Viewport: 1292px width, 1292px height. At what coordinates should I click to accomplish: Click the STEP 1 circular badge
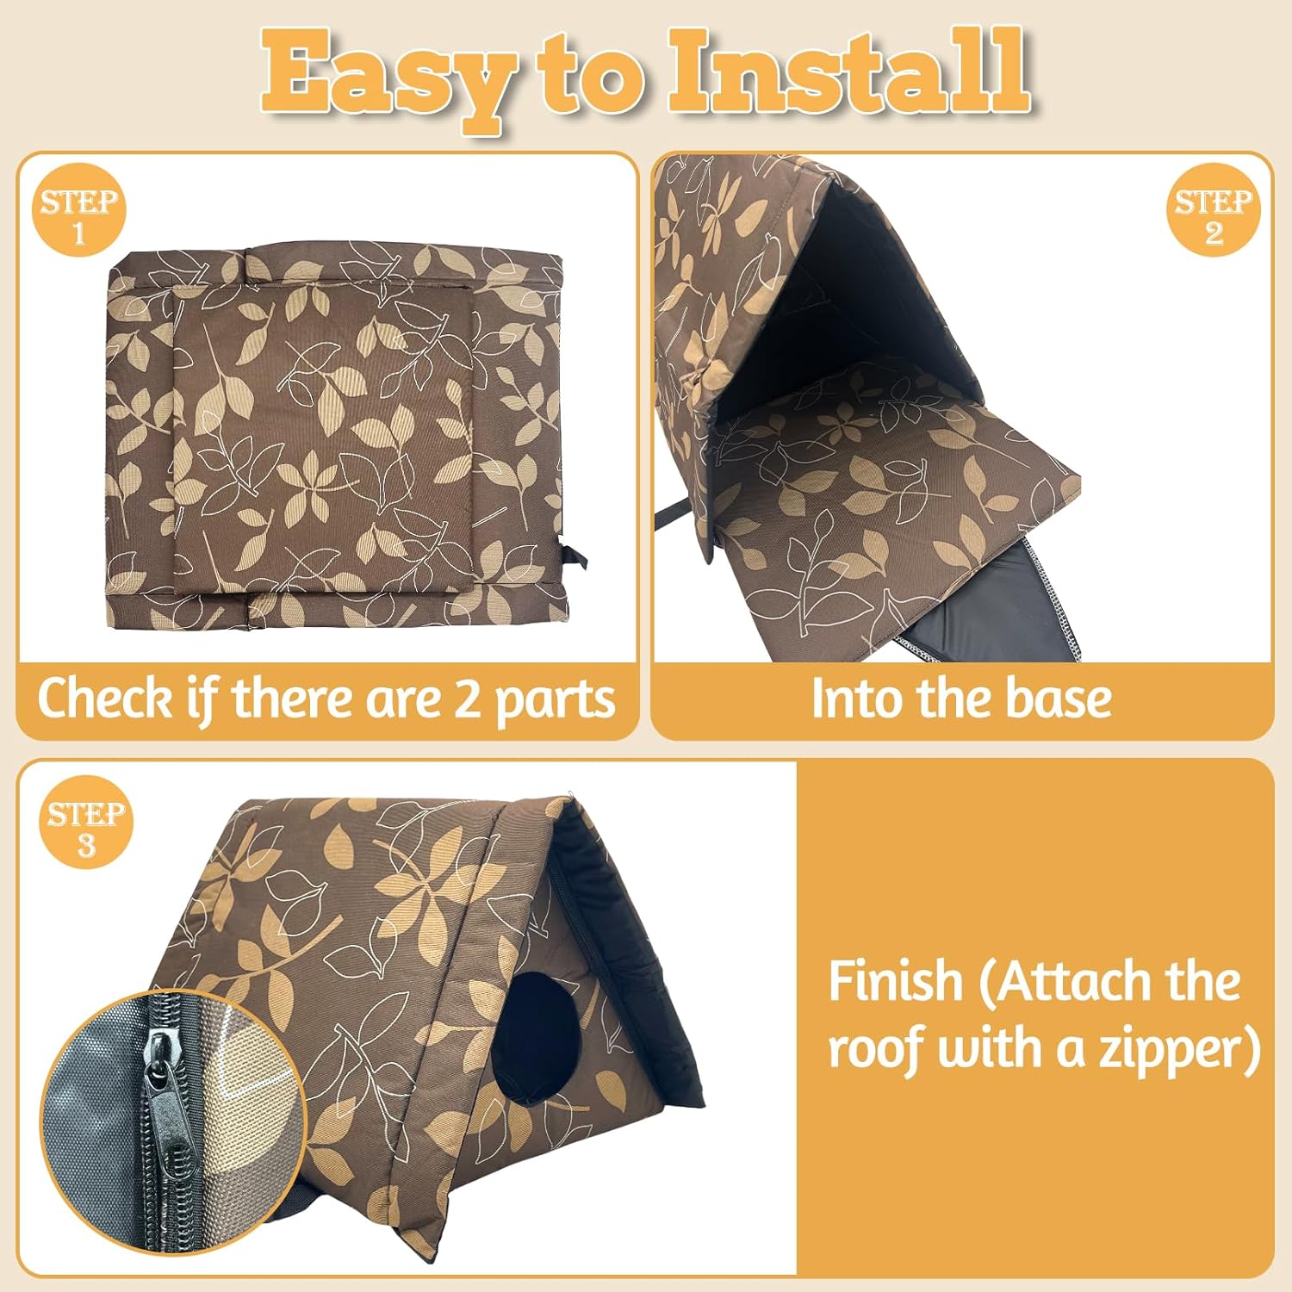click(x=78, y=210)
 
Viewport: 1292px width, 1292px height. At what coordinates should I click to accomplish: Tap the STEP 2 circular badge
click(x=1213, y=210)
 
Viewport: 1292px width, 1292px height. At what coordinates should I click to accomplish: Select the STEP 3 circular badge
click(x=86, y=823)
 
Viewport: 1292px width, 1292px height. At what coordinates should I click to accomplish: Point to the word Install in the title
click(x=848, y=73)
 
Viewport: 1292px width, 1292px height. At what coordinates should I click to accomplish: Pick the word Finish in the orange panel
click(x=895, y=982)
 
